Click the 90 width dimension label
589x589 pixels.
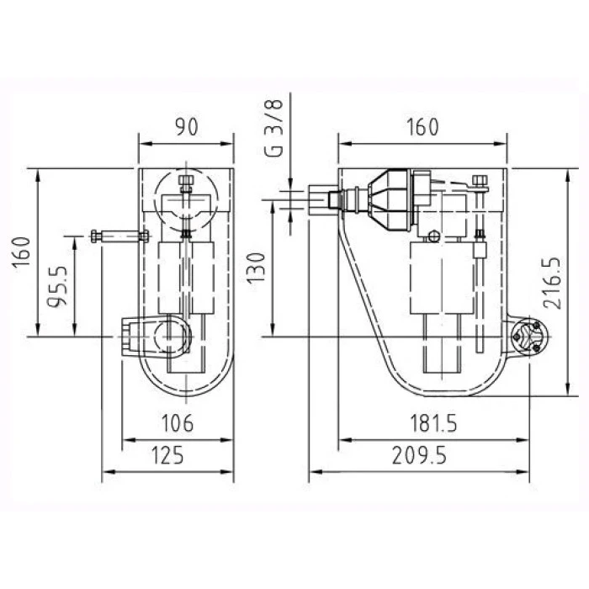click(x=186, y=126)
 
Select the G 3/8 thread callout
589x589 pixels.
click(x=273, y=128)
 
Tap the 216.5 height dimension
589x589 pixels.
click(x=553, y=283)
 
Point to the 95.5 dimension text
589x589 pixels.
click(x=57, y=286)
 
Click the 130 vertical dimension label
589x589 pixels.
click(x=257, y=268)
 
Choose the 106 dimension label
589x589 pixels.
click(x=178, y=423)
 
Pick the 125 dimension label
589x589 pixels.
click(x=167, y=455)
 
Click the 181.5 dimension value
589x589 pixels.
click(x=433, y=423)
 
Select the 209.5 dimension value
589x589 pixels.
click(x=419, y=455)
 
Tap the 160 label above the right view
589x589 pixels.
click(x=422, y=127)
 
